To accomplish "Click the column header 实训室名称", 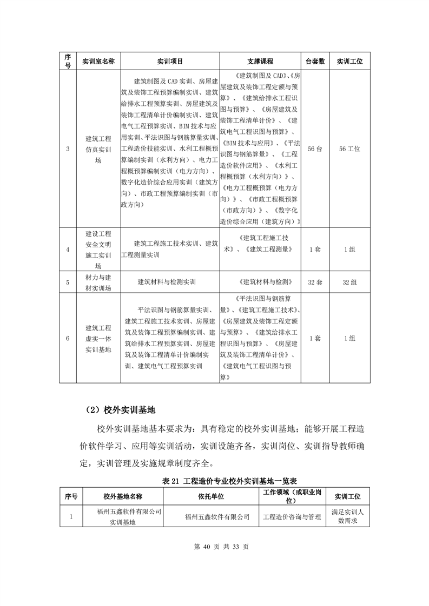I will [98, 62].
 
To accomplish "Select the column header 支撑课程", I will [260, 62].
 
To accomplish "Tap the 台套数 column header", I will [315, 62].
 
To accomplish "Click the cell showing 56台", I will [315, 149].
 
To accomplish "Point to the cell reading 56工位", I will [349, 149].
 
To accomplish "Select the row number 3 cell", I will [68, 149].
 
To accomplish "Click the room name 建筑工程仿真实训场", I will [98, 149].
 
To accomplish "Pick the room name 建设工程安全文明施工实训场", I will [98, 250].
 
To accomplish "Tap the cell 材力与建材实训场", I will [98, 282].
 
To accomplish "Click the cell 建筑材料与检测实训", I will [170, 282].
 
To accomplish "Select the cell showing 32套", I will [315, 282].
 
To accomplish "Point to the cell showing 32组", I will [349, 282].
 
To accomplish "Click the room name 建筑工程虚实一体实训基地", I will [98, 339].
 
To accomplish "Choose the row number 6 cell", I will [68, 339].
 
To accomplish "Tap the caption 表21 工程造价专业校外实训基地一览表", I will [215, 480].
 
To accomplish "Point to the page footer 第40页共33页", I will [215, 547].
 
